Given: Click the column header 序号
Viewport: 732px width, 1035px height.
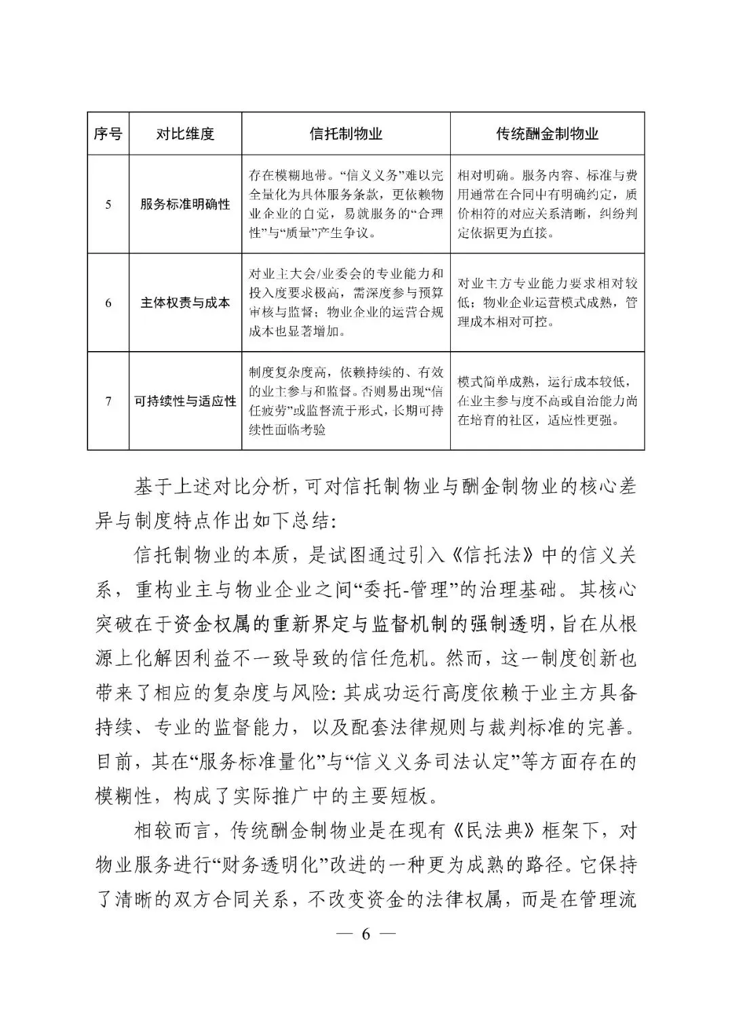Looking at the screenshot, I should [108, 134].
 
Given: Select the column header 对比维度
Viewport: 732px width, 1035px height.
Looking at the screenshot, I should [185, 134].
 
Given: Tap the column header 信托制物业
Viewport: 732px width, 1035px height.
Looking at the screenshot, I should [346, 134].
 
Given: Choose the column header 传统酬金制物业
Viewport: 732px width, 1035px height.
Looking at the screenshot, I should [547, 134].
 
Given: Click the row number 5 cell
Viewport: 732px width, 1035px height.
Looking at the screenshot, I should [108, 205].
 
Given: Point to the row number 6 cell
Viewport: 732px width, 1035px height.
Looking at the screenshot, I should [108, 303].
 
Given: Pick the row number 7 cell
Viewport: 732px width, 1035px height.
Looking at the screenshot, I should [108, 401].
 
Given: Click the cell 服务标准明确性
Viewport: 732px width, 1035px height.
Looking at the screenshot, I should [185, 205].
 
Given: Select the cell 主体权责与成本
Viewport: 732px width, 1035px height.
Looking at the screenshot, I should [185, 303].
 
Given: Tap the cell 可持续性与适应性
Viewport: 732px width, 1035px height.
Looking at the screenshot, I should [185, 401].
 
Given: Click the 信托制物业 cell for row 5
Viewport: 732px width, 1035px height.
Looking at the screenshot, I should [346, 205].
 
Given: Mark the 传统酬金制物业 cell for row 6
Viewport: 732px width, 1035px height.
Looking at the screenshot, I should [547, 303].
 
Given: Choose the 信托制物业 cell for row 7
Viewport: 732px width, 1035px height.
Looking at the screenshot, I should [346, 401].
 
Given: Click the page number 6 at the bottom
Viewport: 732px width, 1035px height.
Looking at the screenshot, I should [366, 934].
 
